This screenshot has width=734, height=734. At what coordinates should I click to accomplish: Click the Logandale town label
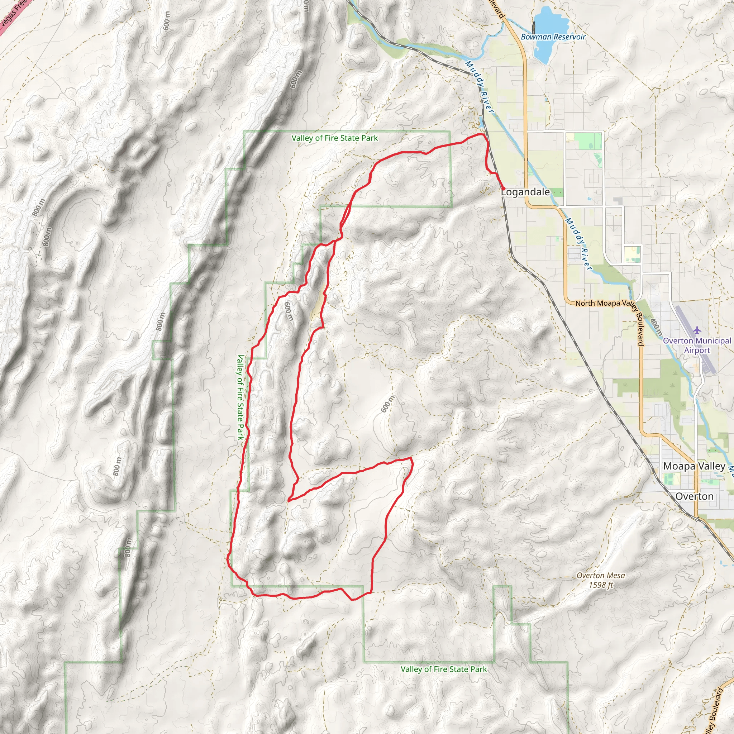525,192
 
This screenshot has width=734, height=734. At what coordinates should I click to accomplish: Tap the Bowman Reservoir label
553,37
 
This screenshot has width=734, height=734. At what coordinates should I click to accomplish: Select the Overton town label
694,496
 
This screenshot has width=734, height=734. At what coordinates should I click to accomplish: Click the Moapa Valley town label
694,466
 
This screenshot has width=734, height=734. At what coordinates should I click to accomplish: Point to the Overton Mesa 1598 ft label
601,580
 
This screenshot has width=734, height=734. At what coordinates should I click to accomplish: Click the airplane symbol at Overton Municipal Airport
696,330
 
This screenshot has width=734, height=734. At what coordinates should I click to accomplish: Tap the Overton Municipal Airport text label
696,345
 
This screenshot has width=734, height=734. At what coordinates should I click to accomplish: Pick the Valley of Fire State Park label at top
334,138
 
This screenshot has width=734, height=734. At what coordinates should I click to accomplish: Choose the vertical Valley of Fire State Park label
240,397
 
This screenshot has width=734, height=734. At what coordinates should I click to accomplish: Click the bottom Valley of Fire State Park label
443,669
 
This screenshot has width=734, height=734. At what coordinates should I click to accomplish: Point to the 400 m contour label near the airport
656,327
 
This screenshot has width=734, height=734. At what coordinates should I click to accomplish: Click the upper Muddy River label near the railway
480,87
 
